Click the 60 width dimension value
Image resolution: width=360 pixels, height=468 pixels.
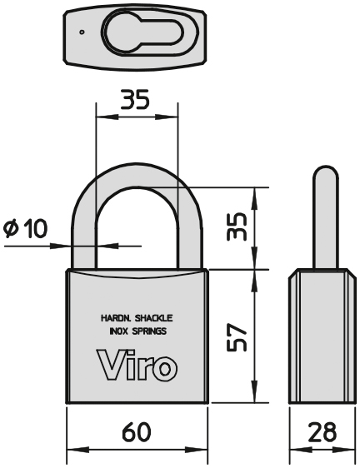pyautogui.click(x=137, y=432)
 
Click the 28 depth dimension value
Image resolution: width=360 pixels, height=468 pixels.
pyautogui.click(x=322, y=432)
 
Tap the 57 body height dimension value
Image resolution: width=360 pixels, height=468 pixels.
pyautogui.click(x=237, y=336)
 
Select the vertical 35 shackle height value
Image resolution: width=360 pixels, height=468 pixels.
pyautogui.click(x=237, y=227)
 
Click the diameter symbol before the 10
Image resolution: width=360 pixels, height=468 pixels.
pyautogui.click(x=12, y=229)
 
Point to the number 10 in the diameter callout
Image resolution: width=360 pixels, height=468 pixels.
pyautogui.click(x=36, y=229)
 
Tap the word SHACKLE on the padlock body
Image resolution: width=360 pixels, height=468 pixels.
pyautogui.click(x=154, y=318)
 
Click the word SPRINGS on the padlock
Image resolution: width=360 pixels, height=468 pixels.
pyautogui.click(x=149, y=331)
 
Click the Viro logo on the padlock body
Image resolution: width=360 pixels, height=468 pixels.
pyautogui.click(x=137, y=365)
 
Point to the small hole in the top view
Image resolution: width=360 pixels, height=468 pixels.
pyautogui.click(x=82, y=32)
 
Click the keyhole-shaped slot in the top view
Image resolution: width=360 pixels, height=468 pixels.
pyautogui.click(x=144, y=32)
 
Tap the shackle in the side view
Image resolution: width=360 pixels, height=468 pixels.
pyautogui.click(x=326, y=217)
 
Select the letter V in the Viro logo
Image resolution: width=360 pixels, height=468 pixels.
pyautogui.click(x=111, y=365)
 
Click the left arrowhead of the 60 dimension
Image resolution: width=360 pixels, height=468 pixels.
pyautogui.click(x=77, y=450)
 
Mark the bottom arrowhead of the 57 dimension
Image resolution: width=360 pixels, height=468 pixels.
pyautogui.click(x=254, y=391)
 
